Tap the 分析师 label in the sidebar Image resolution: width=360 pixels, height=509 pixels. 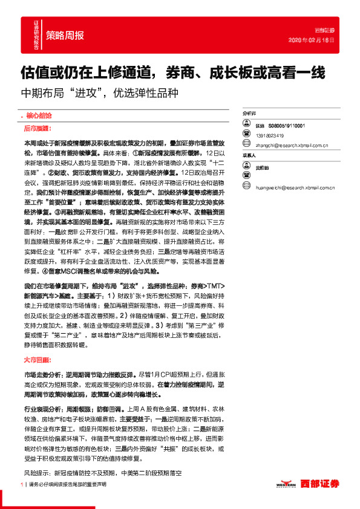coord(249,113)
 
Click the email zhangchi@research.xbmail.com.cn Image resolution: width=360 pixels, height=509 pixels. coord(292,145)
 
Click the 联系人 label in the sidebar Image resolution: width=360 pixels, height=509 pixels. coord(249,155)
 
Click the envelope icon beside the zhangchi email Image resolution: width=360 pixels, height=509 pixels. coord(247,145)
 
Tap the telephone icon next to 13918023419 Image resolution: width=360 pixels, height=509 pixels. coord(247,135)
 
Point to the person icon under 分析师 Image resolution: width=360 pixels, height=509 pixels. coord(247,125)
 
